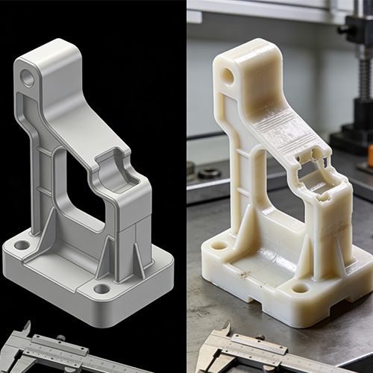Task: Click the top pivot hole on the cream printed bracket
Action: (225, 75)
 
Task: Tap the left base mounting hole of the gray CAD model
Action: (22, 245)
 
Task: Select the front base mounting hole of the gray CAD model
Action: (101, 289)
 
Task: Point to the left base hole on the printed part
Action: (219, 245)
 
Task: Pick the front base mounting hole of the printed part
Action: (300, 287)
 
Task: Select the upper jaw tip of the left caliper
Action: (27, 325)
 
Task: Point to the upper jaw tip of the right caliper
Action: (227, 325)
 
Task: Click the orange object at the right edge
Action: (369, 155)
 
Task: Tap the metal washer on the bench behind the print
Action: (209, 173)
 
